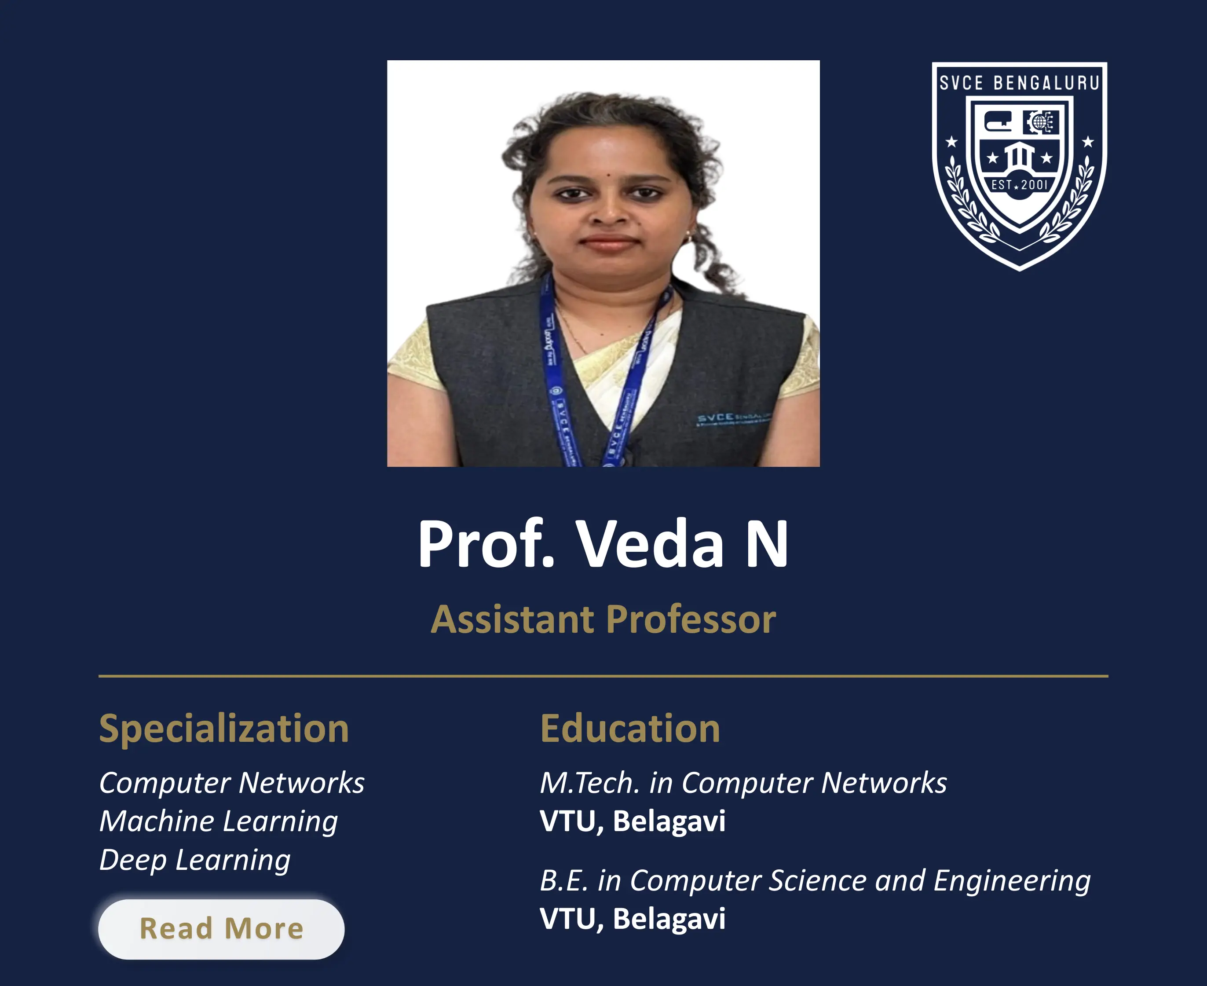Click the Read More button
click(x=221, y=929)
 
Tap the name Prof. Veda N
click(x=603, y=543)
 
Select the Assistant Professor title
click(x=603, y=619)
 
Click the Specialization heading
click(x=224, y=728)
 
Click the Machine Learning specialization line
click(x=219, y=821)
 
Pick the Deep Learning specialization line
click(x=195, y=860)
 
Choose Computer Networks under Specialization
click(x=232, y=783)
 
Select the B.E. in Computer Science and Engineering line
click(x=815, y=880)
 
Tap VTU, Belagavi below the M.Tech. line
click(x=633, y=821)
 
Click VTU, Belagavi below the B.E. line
click(x=633, y=919)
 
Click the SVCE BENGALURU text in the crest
click(x=1019, y=83)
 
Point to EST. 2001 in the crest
click(x=1019, y=185)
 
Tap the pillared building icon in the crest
click(x=1019, y=155)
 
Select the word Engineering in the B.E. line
click(x=1012, y=880)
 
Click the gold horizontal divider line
click(x=603, y=676)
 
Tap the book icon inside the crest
click(x=998, y=121)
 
